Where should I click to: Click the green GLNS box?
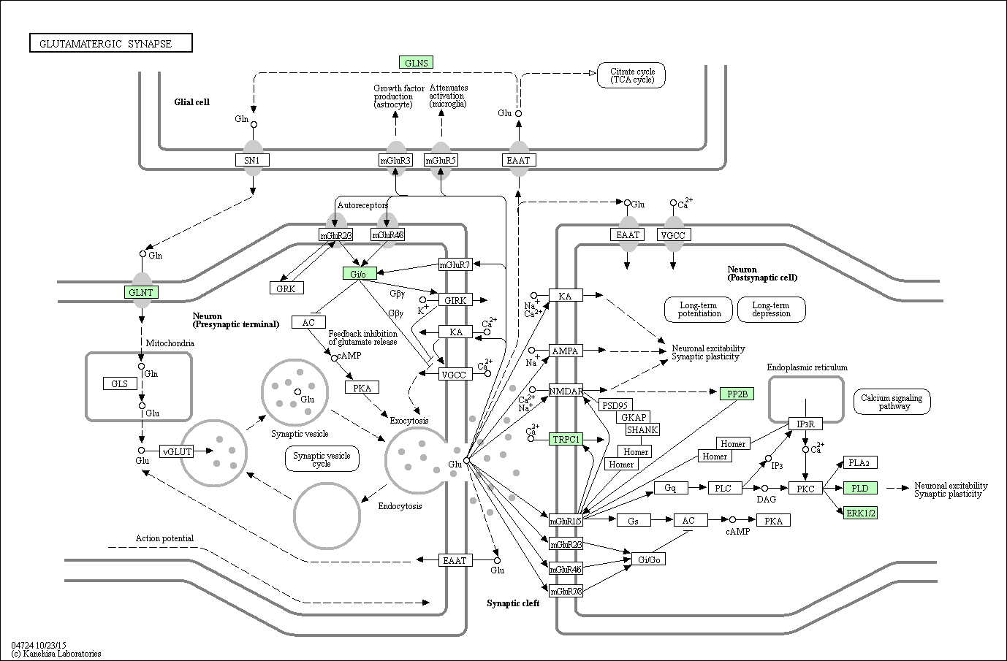[416, 62]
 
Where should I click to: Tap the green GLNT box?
[141, 292]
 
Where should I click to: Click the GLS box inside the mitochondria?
[119, 383]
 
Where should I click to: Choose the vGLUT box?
[178, 451]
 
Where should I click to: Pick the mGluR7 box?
[455, 264]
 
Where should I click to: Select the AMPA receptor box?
[565, 351]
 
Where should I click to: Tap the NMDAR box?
[566, 391]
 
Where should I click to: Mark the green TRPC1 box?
[566, 439]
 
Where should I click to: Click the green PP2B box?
[736, 394]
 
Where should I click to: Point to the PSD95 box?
[615, 405]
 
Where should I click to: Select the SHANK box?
[642, 430]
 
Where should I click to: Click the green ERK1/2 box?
[860, 513]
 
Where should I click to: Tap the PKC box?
[806, 488]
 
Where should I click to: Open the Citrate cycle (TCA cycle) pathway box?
[631, 75]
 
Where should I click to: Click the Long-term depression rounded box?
[771, 309]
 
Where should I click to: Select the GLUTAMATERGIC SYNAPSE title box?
[111, 44]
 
